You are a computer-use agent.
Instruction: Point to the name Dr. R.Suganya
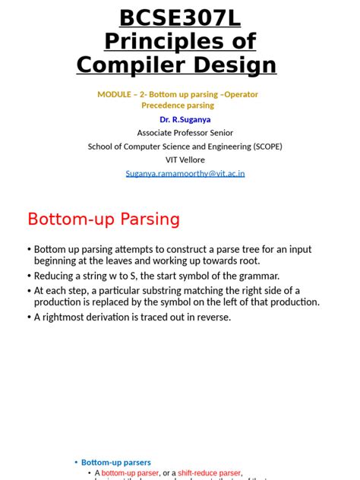[185, 120]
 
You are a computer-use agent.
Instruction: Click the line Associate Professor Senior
[185, 133]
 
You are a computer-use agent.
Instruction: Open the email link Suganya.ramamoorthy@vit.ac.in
[185, 173]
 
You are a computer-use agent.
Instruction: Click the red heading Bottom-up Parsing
[103, 219]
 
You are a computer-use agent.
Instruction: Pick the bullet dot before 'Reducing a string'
[29, 276]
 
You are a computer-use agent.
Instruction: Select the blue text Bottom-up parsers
[116, 462]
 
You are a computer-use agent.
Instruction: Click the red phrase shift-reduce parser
[209, 472]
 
